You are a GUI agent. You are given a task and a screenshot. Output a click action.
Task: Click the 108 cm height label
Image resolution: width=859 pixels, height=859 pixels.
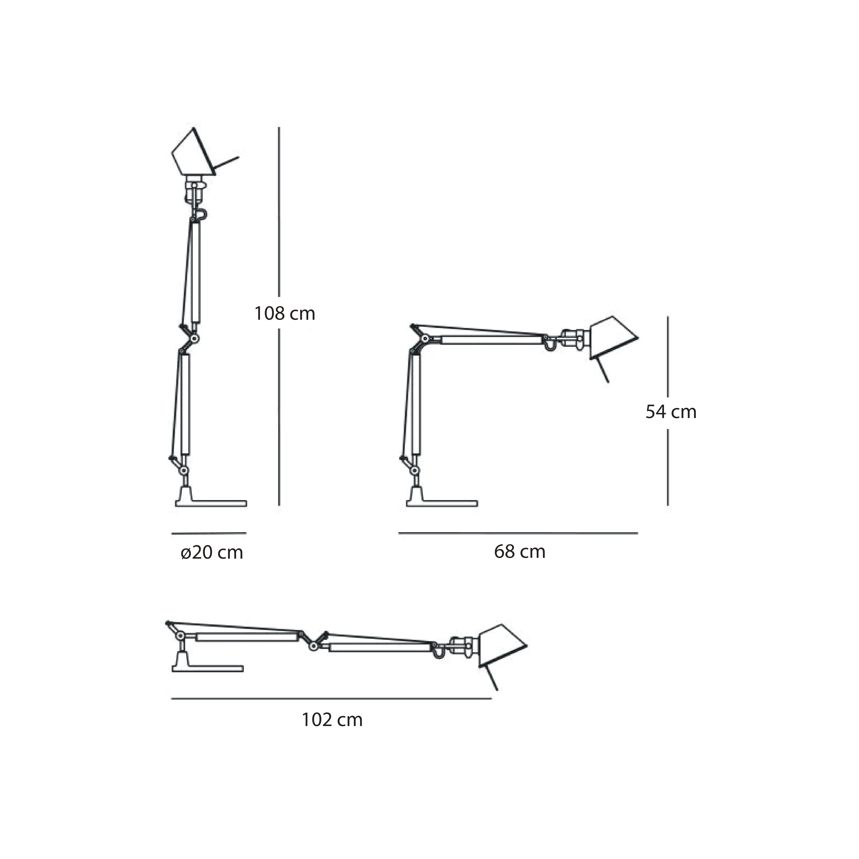pyautogui.click(x=284, y=314)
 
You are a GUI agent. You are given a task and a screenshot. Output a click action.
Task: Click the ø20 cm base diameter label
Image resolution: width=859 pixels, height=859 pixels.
pyautogui.click(x=212, y=553)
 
